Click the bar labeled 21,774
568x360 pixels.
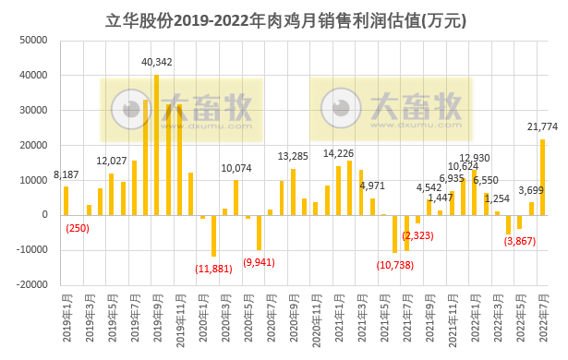click(542, 177)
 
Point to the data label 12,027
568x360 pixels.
click(111, 162)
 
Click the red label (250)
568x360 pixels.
click(77, 229)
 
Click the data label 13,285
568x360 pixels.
click(293, 156)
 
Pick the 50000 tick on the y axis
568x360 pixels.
click(33, 41)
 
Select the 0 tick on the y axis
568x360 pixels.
click(43, 215)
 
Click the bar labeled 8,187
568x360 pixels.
click(66, 200)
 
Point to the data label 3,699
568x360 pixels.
click(530, 191)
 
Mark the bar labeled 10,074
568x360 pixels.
click(236, 198)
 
